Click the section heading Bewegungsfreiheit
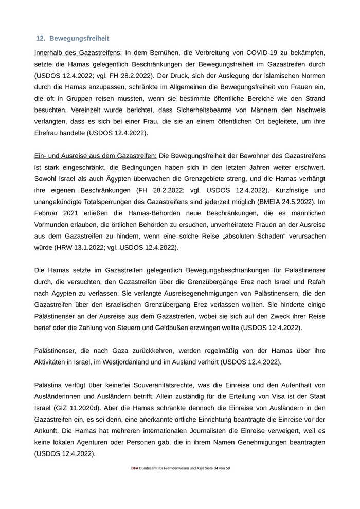click(x=79, y=39)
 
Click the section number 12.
click(x=41, y=39)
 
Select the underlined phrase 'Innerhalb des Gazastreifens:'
click(x=78, y=52)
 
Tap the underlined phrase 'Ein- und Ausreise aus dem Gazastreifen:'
click(x=95, y=155)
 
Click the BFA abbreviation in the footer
click(x=135, y=469)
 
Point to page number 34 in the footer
click(x=216, y=469)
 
